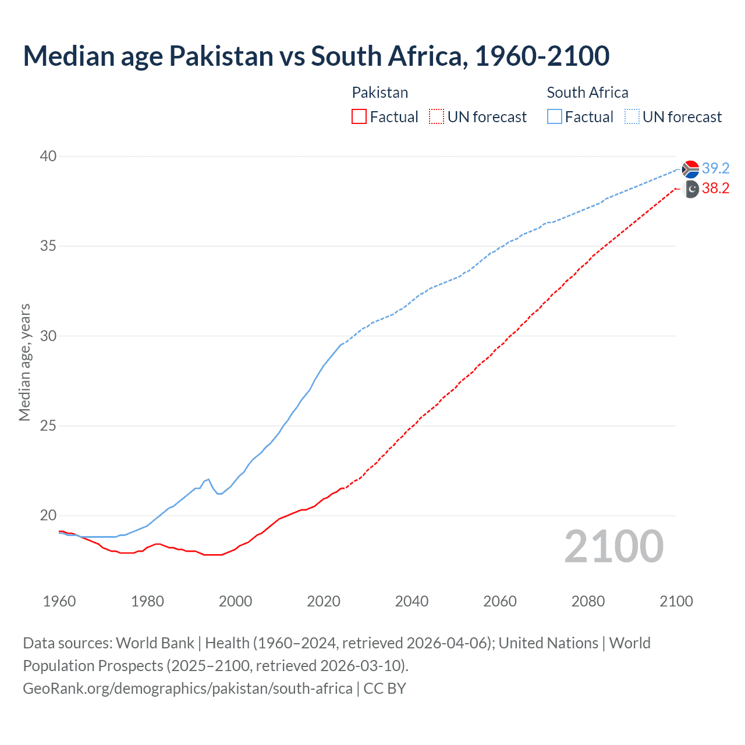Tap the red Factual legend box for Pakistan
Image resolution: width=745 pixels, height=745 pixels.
[359, 117]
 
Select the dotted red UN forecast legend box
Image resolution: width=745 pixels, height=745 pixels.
[437, 117]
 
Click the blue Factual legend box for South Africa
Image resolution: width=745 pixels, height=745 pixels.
[555, 117]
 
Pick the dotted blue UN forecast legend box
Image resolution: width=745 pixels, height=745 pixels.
[632, 117]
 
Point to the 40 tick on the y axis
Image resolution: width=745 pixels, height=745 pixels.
[48, 156]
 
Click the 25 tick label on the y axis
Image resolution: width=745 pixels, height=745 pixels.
[48, 425]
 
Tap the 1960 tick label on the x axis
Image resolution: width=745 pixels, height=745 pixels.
[59, 601]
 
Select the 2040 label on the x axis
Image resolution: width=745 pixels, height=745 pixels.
[411, 601]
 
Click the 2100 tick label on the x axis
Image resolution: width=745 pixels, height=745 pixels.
[676, 601]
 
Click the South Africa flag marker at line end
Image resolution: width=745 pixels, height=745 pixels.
[690, 169]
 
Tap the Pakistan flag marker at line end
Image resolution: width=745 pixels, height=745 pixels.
[690, 189]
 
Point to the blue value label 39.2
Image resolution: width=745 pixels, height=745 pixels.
[715, 168]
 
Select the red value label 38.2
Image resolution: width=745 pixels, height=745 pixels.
[715, 188]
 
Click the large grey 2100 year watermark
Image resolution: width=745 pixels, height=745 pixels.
[613, 547]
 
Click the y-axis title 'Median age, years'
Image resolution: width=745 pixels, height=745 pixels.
[24, 362]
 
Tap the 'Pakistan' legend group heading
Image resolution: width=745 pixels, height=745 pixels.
[380, 93]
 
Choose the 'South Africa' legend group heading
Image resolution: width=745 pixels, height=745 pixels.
[587, 93]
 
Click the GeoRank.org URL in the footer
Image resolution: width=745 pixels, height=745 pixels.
[187, 688]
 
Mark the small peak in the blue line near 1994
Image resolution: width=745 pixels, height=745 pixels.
[208, 479]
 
